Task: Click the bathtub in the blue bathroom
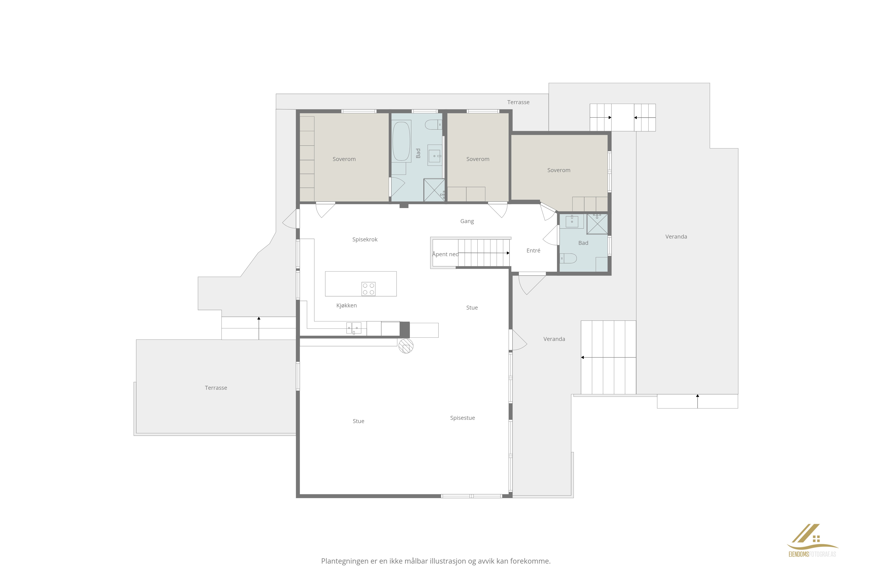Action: click(401, 141)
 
